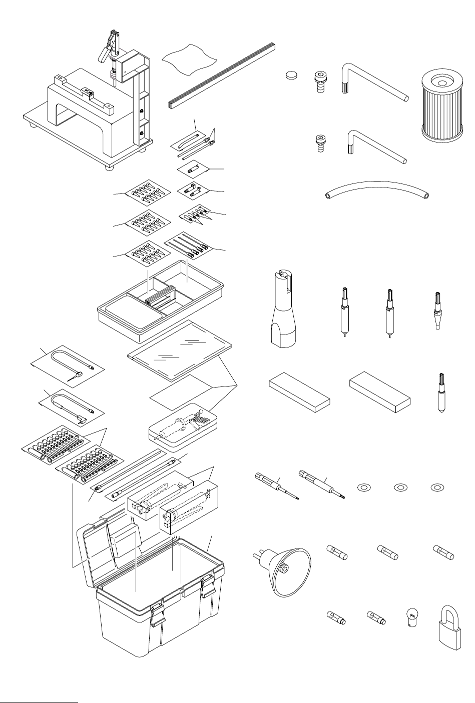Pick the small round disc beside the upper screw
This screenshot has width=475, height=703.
291,75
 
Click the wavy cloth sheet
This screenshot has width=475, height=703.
191,59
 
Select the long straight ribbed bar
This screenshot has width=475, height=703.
222,74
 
